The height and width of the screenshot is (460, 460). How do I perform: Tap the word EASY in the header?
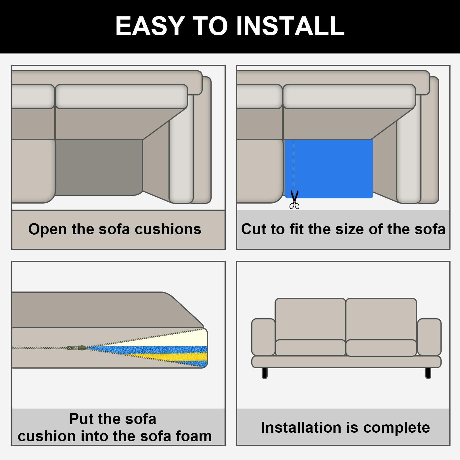point(150,26)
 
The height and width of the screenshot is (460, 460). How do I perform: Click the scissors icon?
point(294,199)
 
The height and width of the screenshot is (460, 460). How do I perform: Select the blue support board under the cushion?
point(329,169)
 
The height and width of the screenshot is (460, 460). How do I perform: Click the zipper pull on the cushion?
point(77,348)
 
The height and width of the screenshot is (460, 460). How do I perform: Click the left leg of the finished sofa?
point(264,373)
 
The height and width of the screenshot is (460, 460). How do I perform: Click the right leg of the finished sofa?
point(428,373)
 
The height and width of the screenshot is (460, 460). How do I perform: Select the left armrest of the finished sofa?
point(263,337)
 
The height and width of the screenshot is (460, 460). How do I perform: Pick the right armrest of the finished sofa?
point(429,337)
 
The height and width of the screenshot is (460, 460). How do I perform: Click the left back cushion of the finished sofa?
point(310,319)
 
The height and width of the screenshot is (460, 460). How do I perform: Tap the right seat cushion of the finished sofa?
point(381,348)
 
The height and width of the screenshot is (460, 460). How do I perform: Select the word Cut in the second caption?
point(254,229)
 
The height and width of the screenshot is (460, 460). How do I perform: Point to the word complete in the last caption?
point(396,428)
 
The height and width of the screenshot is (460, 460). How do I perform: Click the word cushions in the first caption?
point(168,229)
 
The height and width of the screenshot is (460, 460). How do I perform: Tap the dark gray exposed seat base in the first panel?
point(99,167)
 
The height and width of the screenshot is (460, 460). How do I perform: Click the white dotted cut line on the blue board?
point(294,165)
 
